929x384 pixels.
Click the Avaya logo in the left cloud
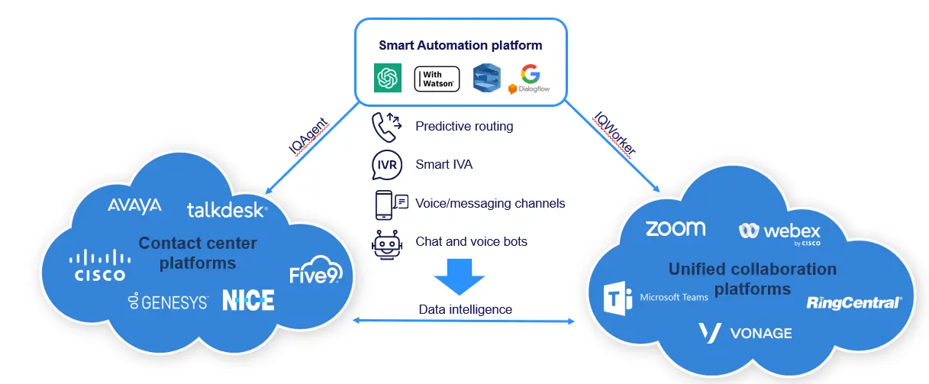(134, 205)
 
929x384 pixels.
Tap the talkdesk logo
(227, 209)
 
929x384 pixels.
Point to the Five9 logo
(315, 274)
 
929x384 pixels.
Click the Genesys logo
(169, 302)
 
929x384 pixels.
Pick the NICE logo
(248, 300)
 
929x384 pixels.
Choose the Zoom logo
(675, 228)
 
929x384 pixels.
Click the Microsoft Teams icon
(620, 297)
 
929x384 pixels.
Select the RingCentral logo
(854, 303)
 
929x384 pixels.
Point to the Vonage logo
(744, 333)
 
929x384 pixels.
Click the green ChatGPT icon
(388, 78)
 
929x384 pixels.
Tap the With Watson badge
(437, 79)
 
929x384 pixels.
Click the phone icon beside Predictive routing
(385, 127)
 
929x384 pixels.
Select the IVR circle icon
(385, 164)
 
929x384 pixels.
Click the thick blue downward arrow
(460, 276)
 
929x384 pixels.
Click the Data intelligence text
(465, 309)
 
